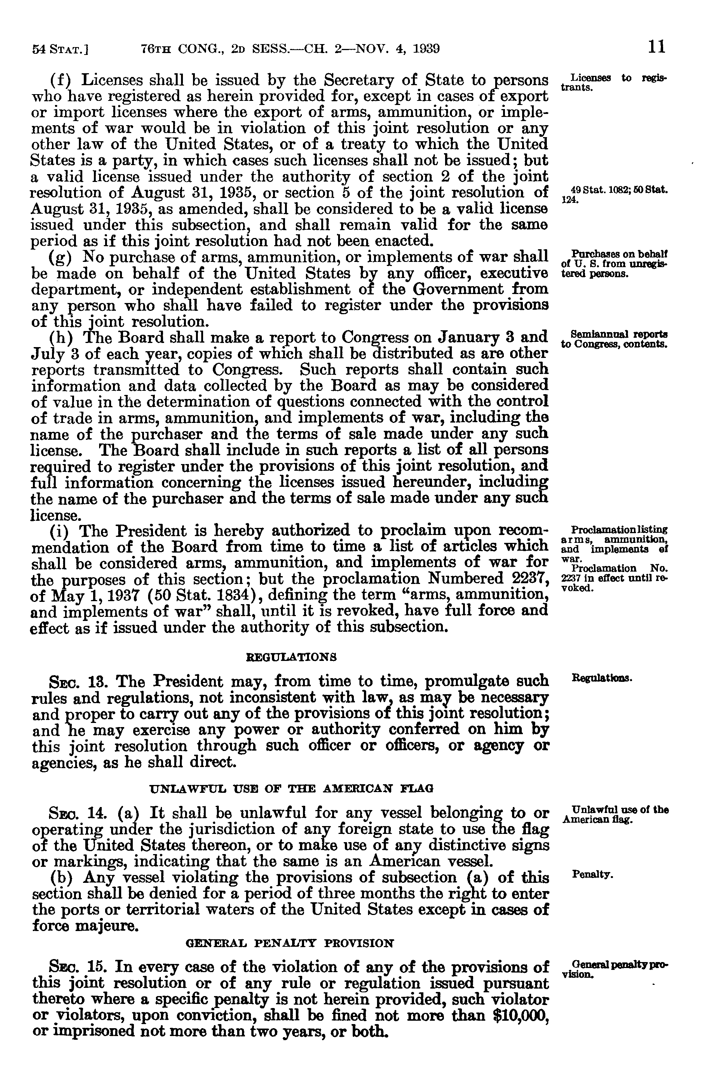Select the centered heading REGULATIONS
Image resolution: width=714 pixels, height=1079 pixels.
[291, 657]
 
